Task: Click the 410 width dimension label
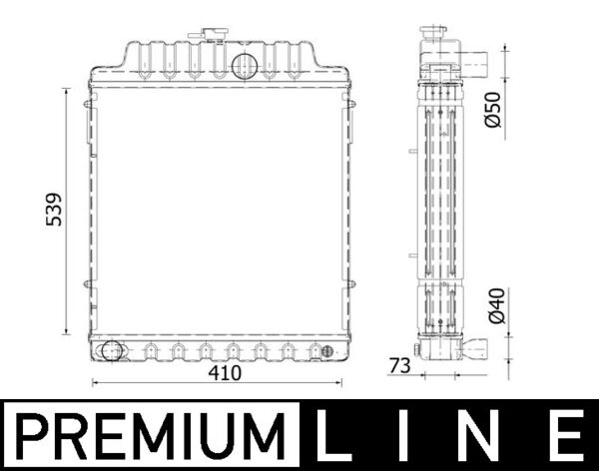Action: pos(226,374)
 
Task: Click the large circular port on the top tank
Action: pos(245,65)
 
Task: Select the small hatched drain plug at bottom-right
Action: pos(323,350)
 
